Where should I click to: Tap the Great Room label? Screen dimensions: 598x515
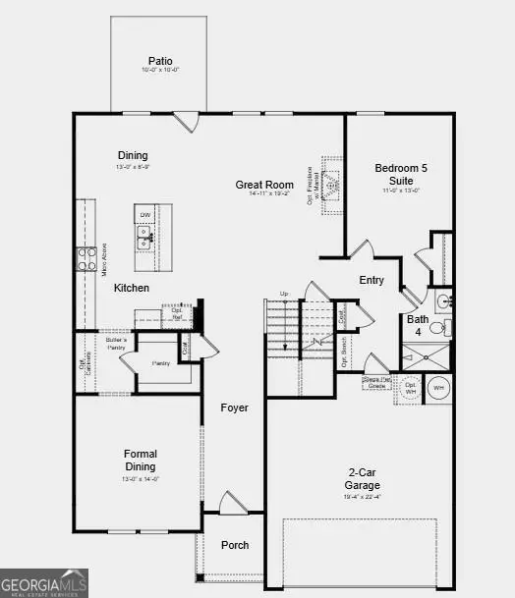pos(264,185)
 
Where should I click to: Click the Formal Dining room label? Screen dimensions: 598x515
pos(141,461)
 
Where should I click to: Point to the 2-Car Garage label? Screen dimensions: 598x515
pos(363,478)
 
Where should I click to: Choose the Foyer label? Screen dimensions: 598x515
pos(234,408)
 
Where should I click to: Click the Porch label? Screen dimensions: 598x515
pos(234,545)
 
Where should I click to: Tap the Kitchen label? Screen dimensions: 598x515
pos(131,288)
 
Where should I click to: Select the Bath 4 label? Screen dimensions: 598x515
pos(418,325)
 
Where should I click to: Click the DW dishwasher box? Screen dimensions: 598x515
pos(144,214)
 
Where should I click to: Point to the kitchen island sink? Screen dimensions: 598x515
pos(144,236)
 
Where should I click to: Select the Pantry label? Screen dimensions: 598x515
pos(160,363)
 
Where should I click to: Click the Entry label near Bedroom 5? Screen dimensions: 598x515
pos(372,281)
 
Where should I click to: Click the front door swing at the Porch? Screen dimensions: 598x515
pos(232,504)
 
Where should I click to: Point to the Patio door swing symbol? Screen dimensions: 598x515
pos(186,121)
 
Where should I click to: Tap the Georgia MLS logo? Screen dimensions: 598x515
pos(44,582)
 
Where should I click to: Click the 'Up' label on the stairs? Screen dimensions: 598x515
pos(285,294)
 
